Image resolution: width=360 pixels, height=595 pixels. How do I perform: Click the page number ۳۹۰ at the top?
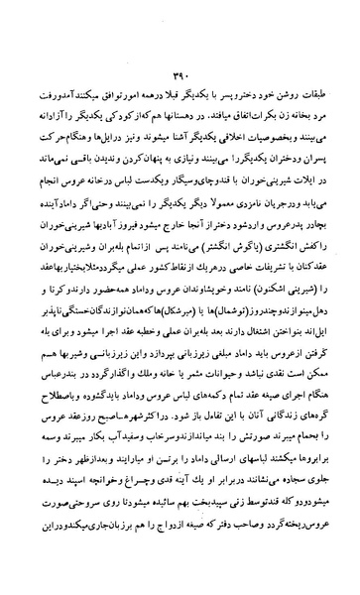tap(180, 71)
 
